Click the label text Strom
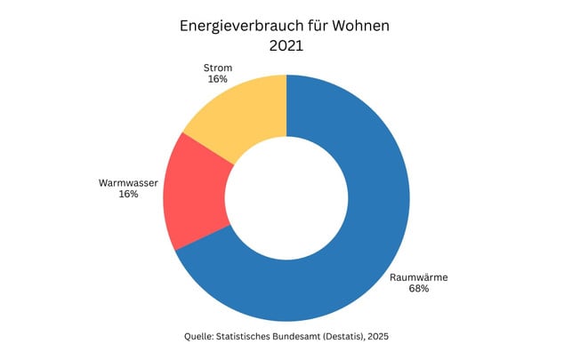pyautogui.click(x=217, y=67)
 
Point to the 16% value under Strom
pyautogui.click(x=217, y=79)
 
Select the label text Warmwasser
pyautogui.click(x=128, y=183)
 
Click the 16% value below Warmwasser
pyautogui.click(x=128, y=195)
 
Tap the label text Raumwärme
pyautogui.click(x=418, y=278)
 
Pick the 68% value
pyautogui.click(x=418, y=290)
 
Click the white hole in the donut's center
pyautogui.click(x=286, y=197)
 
